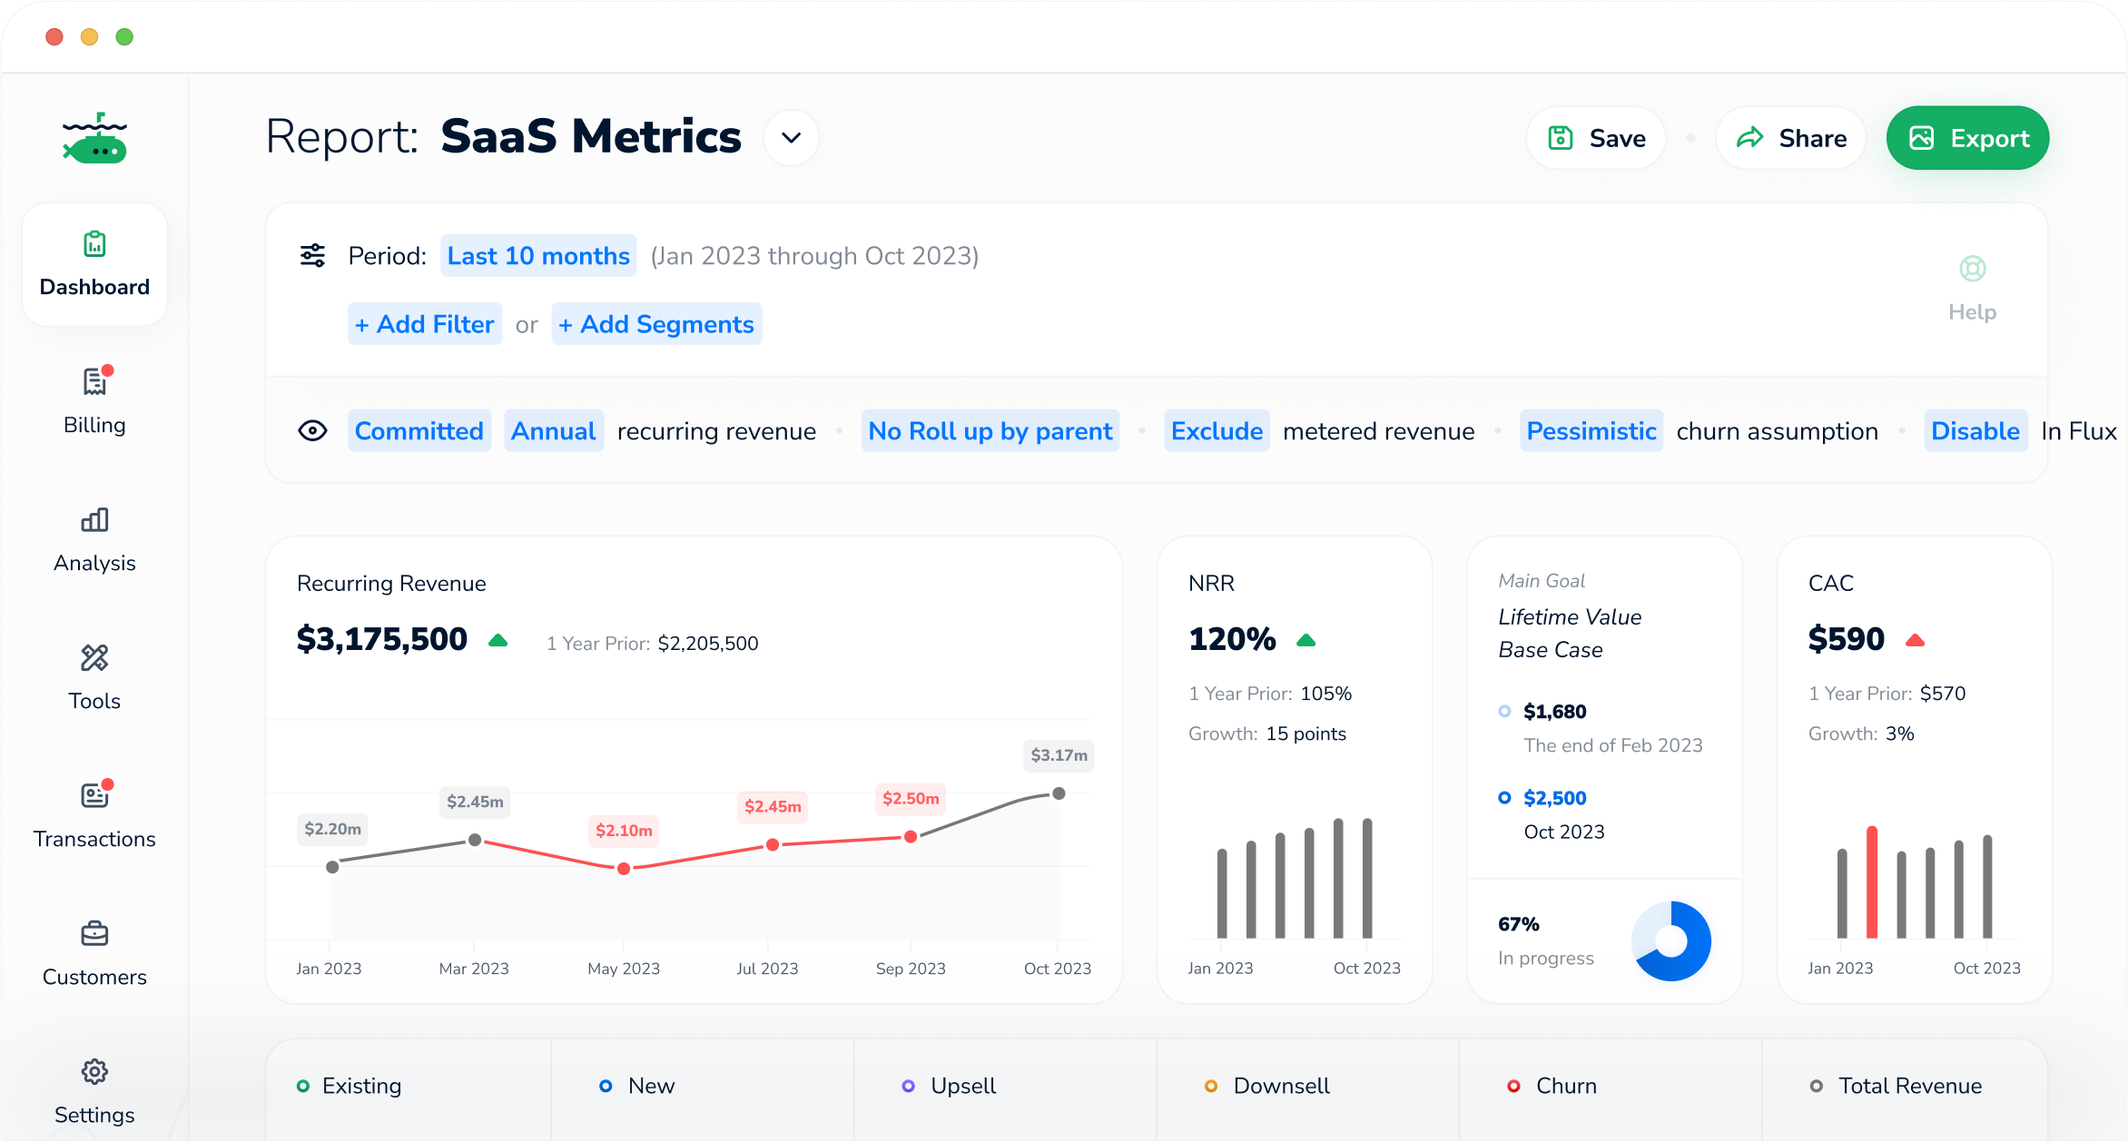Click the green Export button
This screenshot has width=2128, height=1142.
tap(1967, 138)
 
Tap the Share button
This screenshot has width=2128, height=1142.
tap(1790, 138)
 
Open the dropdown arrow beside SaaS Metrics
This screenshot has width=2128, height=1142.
tap(791, 138)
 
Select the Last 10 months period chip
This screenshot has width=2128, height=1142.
tap(538, 256)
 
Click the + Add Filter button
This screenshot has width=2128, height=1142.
tap(425, 324)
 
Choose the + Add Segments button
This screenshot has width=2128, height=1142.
tap(656, 324)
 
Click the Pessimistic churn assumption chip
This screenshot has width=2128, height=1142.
tap(1591, 431)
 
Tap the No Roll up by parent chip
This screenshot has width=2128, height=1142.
tap(990, 431)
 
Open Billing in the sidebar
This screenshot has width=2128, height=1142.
tap(94, 400)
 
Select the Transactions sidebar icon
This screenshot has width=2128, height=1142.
tap(94, 796)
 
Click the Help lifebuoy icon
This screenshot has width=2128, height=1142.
tap(1972, 269)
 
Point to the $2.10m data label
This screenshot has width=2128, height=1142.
tap(624, 831)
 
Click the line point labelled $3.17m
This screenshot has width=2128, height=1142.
tap(1059, 793)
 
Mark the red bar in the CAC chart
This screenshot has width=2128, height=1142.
tap(1871, 882)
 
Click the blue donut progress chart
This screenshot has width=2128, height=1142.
tap(1671, 941)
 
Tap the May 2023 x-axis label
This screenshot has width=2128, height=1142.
tap(624, 969)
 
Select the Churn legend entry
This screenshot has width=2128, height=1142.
tap(1565, 1086)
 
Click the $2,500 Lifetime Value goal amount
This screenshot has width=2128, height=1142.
tap(1554, 798)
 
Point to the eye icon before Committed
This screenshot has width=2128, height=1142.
tap(312, 431)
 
